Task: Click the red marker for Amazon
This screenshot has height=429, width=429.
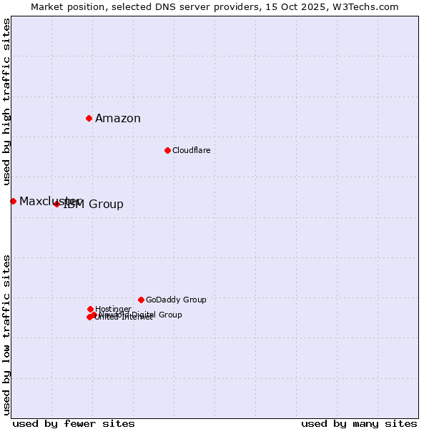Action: [89, 118]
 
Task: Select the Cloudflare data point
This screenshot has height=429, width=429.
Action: [167, 150]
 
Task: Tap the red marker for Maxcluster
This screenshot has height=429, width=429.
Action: [13, 201]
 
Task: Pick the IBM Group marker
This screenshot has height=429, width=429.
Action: [56, 204]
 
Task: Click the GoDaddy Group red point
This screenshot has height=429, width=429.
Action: [141, 300]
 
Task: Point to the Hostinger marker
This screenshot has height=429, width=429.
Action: [90, 309]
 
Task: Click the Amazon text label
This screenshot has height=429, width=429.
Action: [118, 119]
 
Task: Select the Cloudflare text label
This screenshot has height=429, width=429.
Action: [191, 150]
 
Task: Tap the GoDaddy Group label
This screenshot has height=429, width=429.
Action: [176, 300]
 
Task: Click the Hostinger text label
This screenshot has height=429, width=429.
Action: [113, 309]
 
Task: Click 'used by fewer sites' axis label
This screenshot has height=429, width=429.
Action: [74, 423]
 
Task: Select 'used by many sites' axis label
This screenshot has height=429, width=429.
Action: [359, 423]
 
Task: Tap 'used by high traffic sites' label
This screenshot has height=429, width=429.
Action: [6, 102]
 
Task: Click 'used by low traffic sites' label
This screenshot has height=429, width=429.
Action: [6, 334]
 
